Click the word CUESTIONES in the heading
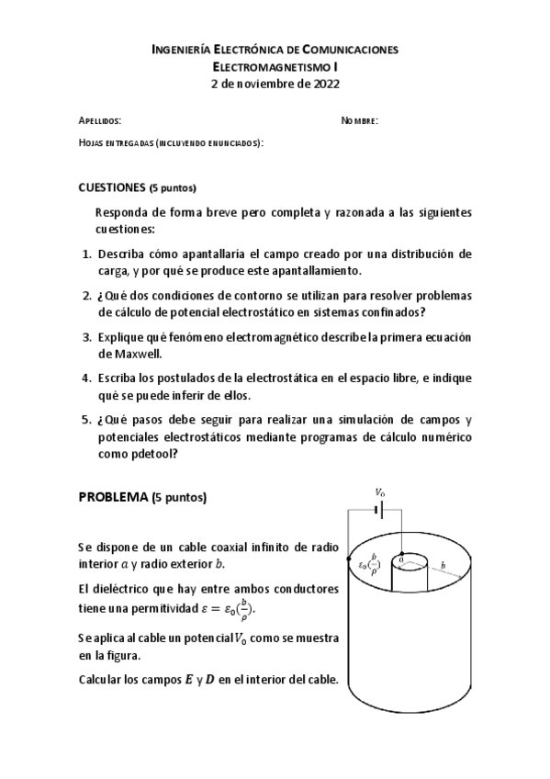[x=112, y=188]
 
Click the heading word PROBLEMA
[x=113, y=497]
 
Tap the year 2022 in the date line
[x=325, y=84]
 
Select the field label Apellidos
[x=99, y=121]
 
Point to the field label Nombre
[x=359, y=121]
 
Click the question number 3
[x=86, y=337]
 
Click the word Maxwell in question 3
[x=121, y=353]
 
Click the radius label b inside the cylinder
[x=443, y=566]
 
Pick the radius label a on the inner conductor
[x=400, y=558]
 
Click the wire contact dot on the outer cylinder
[x=350, y=557]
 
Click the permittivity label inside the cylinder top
[x=369, y=564]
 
